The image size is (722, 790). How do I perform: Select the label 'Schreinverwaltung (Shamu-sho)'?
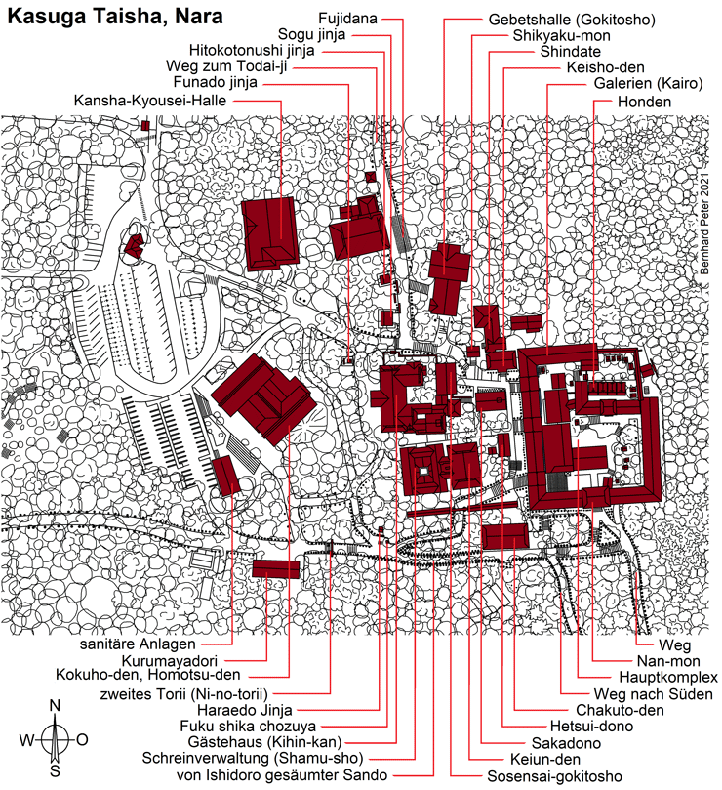tap(252, 759)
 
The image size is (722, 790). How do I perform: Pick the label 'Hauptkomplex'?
tap(667, 677)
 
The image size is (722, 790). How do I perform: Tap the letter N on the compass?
tap(56, 704)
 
